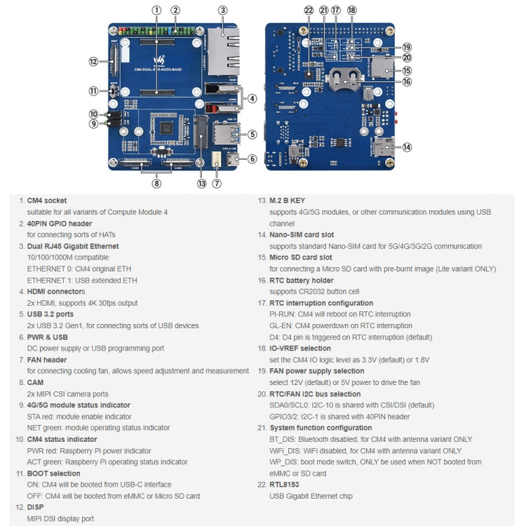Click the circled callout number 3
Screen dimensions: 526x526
tap(222, 11)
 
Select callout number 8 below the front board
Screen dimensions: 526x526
tap(156, 184)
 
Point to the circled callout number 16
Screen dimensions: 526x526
tap(407, 82)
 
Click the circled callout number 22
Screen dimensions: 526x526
tap(309, 11)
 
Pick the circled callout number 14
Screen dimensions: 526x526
tap(407, 147)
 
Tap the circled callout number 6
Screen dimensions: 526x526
tap(252, 159)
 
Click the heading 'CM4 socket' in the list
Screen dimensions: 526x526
tap(47, 201)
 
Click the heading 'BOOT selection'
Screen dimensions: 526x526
tap(53, 473)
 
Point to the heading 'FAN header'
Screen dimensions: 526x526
tap(47, 360)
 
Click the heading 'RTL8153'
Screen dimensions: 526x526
tap(285, 485)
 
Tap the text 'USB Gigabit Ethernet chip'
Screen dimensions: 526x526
tap(311, 497)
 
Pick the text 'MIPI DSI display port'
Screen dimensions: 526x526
tap(60, 519)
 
